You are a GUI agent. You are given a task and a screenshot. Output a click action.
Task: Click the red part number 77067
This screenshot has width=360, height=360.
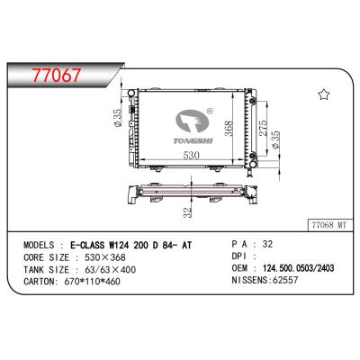click(x=57, y=76)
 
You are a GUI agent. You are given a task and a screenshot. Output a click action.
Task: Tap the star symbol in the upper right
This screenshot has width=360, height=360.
click(x=324, y=94)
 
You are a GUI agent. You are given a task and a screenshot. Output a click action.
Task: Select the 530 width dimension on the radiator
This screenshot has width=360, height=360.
click(x=192, y=156)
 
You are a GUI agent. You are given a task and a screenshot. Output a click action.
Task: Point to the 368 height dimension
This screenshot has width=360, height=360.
click(x=229, y=129)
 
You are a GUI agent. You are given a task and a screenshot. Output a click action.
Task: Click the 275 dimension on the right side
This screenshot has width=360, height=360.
click(x=263, y=129)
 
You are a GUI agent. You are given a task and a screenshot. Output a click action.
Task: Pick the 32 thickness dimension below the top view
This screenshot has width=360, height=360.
click(x=187, y=212)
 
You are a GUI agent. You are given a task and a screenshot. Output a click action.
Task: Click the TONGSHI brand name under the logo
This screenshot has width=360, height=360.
click(x=193, y=140)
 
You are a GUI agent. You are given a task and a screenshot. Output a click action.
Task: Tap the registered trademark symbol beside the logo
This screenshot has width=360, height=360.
click(x=210, y=111)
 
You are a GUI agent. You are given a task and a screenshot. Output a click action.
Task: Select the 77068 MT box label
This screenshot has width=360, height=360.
click(x=329, y=225)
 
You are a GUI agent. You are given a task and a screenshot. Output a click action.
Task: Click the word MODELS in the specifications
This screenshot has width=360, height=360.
click(x=39, y=245)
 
